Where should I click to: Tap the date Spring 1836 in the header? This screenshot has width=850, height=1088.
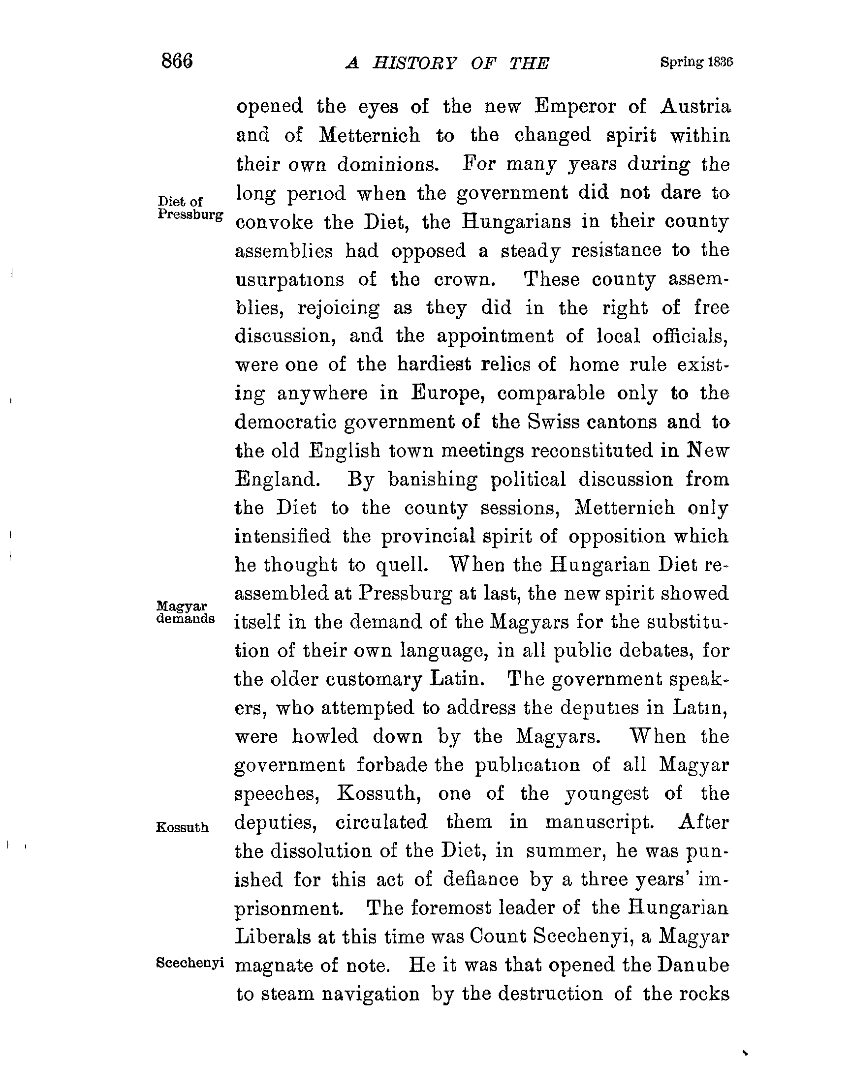pos(696,62)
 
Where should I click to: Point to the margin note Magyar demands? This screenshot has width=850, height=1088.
pos(186,613)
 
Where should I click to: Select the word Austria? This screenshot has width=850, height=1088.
pos(695,106)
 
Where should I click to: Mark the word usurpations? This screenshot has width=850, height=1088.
pos(289,280)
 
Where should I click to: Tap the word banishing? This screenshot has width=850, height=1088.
pos(432,479)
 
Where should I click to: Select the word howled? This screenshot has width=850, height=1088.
pos(325,736)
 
